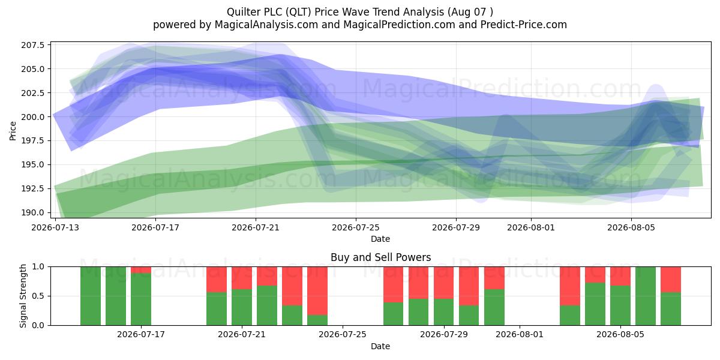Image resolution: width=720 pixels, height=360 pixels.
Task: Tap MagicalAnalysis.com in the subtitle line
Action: point(266,25)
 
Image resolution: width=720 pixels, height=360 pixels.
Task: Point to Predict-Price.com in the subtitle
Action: point(524,25)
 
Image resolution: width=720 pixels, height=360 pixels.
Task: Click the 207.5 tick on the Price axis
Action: point(33,45)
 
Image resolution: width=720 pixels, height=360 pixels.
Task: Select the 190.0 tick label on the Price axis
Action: point(33,212)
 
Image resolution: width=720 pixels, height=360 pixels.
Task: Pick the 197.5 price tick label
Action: point(33,141)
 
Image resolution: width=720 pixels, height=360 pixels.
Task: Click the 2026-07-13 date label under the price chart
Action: point(55,227)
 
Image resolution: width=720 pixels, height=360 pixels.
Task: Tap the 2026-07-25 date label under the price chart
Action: point(356,227)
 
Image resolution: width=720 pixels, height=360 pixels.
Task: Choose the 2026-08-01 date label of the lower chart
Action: point(520,334)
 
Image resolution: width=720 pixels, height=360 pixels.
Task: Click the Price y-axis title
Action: point(13,131)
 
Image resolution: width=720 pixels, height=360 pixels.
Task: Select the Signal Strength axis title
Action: point(23,296)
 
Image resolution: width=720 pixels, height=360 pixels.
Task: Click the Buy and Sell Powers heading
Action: point(380,257)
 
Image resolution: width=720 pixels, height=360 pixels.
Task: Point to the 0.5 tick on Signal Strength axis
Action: point(38,296)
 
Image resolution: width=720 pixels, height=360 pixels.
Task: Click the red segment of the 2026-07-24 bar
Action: point(317,291)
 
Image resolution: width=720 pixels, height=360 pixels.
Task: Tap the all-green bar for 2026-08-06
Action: point(646,296)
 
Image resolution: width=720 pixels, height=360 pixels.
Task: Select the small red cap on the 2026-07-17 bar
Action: point(141,270)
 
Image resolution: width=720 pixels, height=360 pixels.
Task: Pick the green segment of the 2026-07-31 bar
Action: point(494,307)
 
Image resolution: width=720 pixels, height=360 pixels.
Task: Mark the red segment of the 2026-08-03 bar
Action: point(570,286)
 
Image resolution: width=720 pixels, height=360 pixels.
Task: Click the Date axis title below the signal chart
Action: point(380,346)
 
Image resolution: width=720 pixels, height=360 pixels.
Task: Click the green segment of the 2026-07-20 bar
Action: point(217,309)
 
